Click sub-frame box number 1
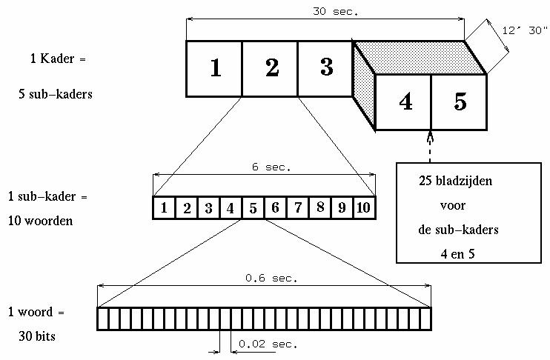(213, 68)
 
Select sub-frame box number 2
(270, 68)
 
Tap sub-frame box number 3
(325, 68)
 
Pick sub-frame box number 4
(405, 102)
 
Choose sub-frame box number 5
(460, 102)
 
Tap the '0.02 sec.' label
(268, 344)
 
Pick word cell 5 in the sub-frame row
(253, 208)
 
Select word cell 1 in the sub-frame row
(165, 208)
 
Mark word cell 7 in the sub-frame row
(297, 208)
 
